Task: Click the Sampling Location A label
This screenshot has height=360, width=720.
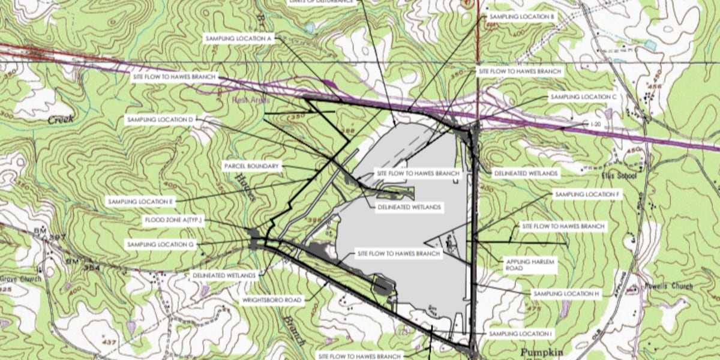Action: [x=239, y=38]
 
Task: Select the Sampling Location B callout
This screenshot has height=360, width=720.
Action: [x=521, y=17]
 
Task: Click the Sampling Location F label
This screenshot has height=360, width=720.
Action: [x=586, y=194]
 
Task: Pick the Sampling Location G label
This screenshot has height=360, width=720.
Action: [x=160, y=245]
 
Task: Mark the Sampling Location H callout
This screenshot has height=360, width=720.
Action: [x=566, y=294]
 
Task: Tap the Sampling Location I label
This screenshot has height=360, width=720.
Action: [x=520, y=333]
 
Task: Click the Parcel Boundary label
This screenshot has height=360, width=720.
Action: [x=251, y=166]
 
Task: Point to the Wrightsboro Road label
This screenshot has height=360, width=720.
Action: [x=273, y=299]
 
